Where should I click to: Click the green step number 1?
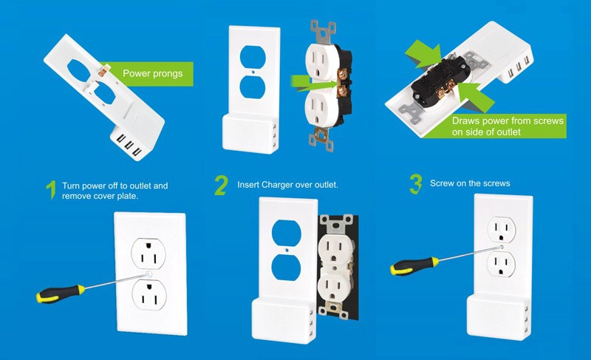52,190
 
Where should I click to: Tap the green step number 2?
221,185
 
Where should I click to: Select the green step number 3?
415,184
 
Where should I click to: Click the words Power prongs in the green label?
153,73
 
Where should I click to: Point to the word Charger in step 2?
277,185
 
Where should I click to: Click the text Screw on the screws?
470,183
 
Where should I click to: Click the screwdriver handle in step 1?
61,293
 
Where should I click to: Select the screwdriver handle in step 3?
414,266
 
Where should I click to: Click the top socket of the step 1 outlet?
148,254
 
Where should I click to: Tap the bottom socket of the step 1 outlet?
149,294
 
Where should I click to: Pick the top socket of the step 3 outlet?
502,230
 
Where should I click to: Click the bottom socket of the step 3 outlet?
502,264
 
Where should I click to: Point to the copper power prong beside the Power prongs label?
103,70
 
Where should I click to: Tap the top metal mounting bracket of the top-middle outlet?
323,32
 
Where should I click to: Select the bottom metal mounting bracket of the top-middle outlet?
321,139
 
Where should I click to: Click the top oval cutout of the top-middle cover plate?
253,58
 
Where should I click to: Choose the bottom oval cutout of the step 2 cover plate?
286,268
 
